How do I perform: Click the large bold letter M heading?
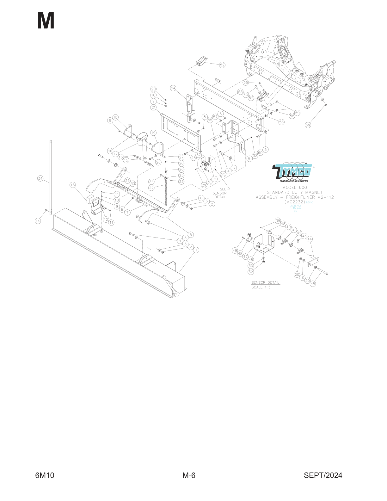[46, 21]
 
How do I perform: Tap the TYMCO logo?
[293, 172]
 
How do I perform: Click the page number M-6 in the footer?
[189, 475]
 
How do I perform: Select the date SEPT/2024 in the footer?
[323, 475]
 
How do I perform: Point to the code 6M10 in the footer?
[45, 475]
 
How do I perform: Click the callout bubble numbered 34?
[40, 179]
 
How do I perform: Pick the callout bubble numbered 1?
[196, 250]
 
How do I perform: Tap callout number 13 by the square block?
[73, 185]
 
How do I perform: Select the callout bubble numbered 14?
[38, 221]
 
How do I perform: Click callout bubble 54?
[173, 88]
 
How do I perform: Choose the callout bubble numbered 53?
[240, 92]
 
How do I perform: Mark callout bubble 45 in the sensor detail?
[313, 284]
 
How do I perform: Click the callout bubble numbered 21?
[153, 108]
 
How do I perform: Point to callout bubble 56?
[281, 122]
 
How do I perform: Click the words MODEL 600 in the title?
[295, 188]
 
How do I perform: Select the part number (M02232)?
[295, 202]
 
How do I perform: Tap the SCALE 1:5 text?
[261, 287]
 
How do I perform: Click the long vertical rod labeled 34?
[51, 177]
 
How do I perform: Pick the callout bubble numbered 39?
[278, 220]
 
